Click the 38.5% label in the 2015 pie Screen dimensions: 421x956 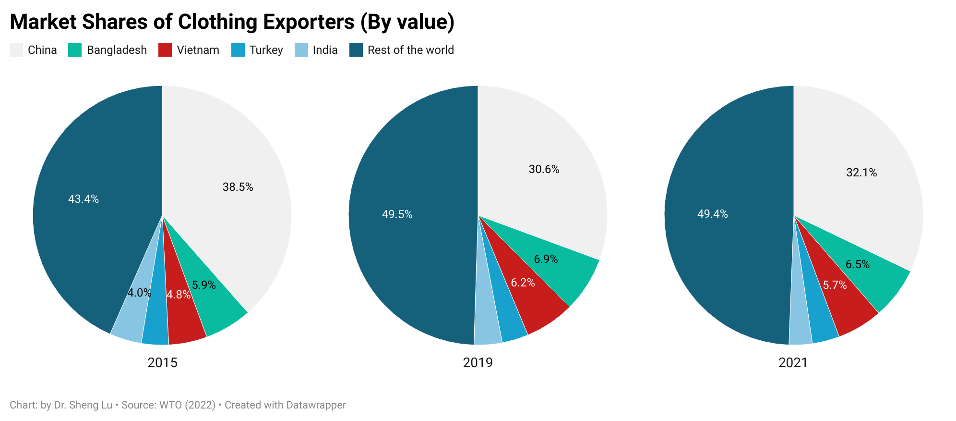pos(238,187)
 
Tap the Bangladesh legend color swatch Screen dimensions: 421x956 pos(75,50)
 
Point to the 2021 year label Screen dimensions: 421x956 pos(793,362)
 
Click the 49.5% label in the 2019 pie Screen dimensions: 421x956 pos(397,214)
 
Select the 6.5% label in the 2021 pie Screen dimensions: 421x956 pos(857,264)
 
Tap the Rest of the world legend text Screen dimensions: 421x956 pos(410,50)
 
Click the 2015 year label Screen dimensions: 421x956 pos(162,362)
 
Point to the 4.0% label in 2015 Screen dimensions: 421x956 pos(139,292)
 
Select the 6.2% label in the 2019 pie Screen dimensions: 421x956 pos(522,283)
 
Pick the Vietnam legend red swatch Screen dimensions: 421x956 pos(165,50)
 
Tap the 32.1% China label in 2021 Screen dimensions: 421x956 pos(861,173)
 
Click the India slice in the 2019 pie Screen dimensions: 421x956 pos(487,332)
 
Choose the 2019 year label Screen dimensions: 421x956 pos(478,362)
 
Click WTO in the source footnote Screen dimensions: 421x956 pos(170,405)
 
